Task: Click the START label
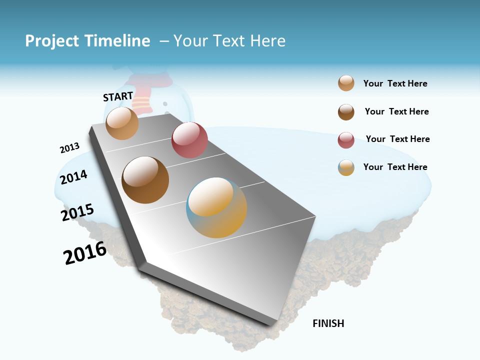click(118, 96)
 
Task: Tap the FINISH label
click(328, 323)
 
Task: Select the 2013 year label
click(69, 148)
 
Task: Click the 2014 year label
click(73, 177)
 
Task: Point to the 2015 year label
click(77, 212)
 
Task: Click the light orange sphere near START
click(122, 123)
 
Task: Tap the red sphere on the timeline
click(189, 140)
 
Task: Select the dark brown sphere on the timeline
click(145, 180)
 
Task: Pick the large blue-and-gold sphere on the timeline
click(216, 207)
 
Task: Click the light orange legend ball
click(346, 83)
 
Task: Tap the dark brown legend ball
click(346, 112)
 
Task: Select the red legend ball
click(346, 140)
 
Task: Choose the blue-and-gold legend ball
click(346, 167)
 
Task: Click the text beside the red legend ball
click(397, 139)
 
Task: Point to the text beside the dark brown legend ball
click(396, 111)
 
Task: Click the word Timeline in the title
click(117, 41)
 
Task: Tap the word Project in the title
click(52, 41)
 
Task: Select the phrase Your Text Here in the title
click(229, 41)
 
